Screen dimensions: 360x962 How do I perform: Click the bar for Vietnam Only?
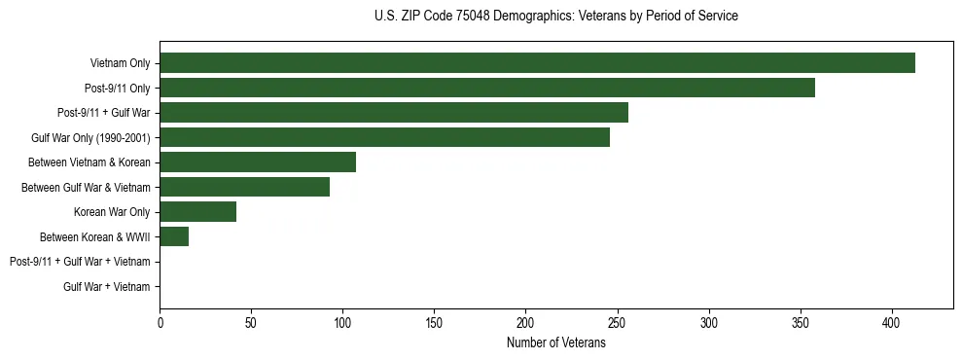click(537, 63)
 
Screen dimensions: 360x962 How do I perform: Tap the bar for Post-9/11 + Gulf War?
click(394, 113)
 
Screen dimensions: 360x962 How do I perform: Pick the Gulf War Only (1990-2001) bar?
click(384, 137)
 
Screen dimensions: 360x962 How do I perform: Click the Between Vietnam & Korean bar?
click(258, 162)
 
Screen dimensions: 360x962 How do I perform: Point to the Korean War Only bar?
click(197, 212)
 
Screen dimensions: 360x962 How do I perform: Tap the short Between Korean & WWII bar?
click(174, 236)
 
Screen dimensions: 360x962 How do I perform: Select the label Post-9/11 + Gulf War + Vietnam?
click(80, 262)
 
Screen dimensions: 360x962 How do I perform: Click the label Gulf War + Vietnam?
click(107, 287)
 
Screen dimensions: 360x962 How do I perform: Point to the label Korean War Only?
click(112, 212)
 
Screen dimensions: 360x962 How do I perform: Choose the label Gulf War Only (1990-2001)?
click(97, 137)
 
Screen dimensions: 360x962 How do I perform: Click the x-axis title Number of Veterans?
click(555, 342)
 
